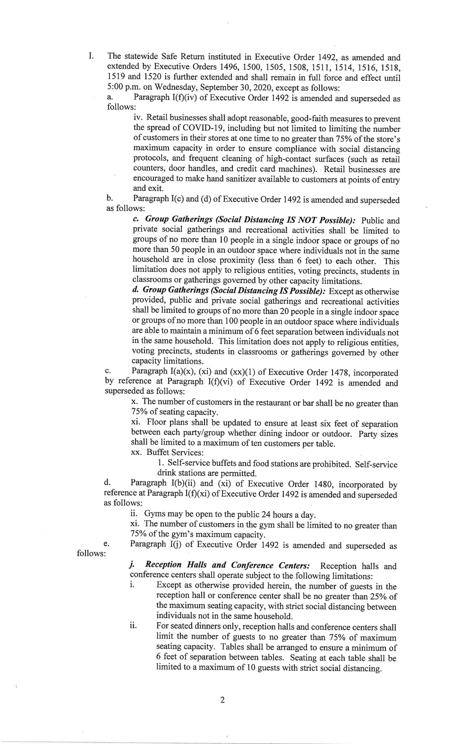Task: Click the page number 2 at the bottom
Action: (x=222, y=700)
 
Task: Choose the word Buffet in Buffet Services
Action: (x=158, y=453)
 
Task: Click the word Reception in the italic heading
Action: (x=163, y=565)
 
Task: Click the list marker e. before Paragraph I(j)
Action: (x=107, y=545)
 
